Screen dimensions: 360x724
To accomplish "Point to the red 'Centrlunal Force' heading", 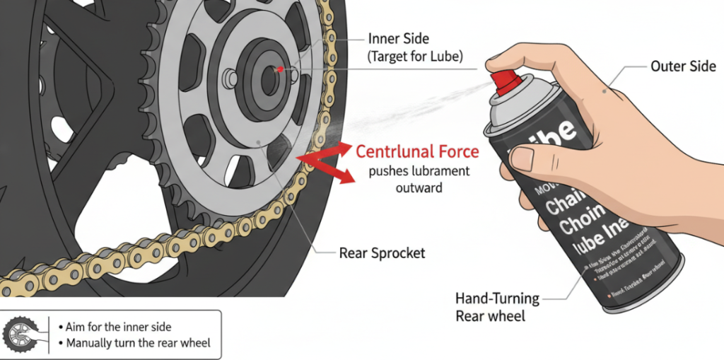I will click(x=417, y=151).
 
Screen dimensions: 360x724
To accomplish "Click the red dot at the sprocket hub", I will click(x=279, y=70).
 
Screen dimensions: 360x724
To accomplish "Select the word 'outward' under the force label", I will click(x=418, y=188).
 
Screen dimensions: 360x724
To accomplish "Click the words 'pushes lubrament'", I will click(x=420, y=171).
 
